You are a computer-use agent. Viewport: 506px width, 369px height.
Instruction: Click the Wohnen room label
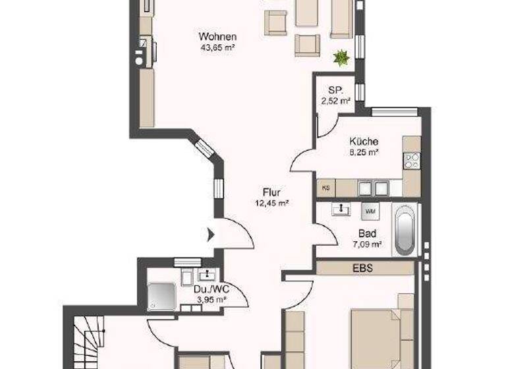pos(217,36)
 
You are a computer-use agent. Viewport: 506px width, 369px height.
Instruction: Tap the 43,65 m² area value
pos(217,47)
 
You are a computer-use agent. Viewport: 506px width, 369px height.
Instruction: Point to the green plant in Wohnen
pos(341,58)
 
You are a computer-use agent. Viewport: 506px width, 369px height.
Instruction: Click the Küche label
pos(363,141)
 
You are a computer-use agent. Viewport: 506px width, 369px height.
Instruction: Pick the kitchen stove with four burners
pos(412,159)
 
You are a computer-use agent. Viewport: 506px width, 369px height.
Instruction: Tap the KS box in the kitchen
pos(325,188)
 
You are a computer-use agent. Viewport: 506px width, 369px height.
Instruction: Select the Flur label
pos(271,192)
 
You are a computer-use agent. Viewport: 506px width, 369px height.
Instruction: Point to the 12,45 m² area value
pos(271,203)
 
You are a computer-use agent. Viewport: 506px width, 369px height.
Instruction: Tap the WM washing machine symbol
pos(368,210)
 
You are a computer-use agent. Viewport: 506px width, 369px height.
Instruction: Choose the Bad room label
pos(367,233)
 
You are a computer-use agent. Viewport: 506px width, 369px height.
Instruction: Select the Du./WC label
pos(211,289)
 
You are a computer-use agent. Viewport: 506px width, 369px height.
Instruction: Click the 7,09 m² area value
pos(367,244)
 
